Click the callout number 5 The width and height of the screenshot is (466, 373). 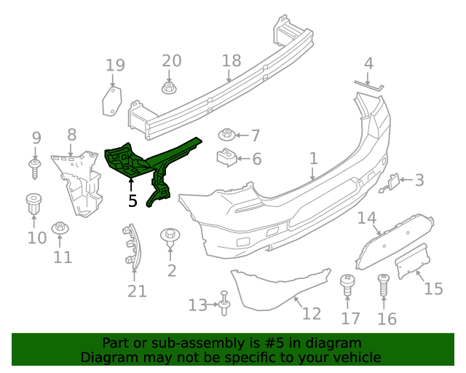point(132,200)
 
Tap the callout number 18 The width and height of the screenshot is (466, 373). point(231,60)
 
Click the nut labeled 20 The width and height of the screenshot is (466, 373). point(169,88)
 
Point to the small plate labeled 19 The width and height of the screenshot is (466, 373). point(111,100)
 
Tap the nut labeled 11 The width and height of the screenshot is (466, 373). point(61,228)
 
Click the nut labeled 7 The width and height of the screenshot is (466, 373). point(227,135)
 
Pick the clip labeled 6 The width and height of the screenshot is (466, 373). point(226,157)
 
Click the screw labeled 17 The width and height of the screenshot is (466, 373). point(347,284)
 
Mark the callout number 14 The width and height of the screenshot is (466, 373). point(366,218)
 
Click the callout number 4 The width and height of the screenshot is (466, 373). point(368,63)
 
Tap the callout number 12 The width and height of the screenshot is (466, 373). point(311,313)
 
